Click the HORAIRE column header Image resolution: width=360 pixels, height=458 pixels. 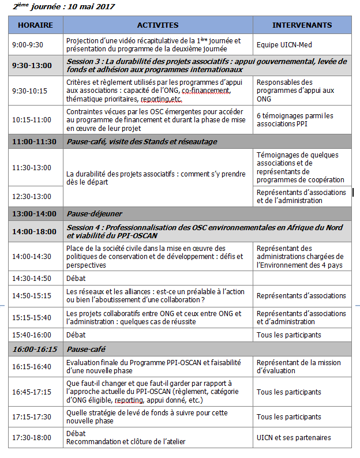click(35, 25)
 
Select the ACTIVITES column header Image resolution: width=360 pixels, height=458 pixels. click(157, 25)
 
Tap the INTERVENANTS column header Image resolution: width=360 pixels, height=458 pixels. click(302, 25)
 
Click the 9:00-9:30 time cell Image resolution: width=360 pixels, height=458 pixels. click(28, 44)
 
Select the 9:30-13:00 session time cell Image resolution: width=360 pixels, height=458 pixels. click(32, 65)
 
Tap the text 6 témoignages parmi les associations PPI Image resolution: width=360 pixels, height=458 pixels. click(295, 120)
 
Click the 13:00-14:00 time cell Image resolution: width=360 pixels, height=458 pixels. click(34, 213)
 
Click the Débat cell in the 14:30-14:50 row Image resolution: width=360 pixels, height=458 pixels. click(76, 278)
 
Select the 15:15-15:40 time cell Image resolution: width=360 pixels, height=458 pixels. click(32, 317)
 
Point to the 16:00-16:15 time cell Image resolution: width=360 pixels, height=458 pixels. click(34, 350)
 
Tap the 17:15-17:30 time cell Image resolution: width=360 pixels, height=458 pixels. click(32, 417)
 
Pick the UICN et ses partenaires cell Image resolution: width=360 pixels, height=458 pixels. click(294, 437)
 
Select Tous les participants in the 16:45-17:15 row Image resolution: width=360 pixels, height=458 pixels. click(289, 392)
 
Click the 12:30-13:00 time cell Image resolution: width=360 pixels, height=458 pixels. click(32, 196)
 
